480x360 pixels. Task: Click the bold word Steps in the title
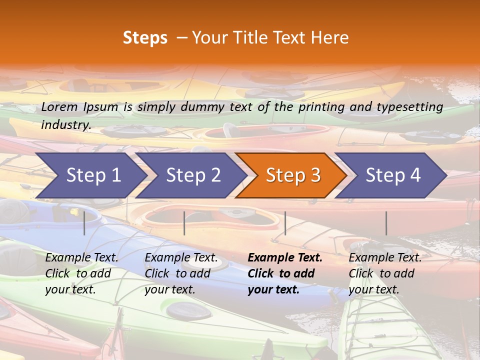click(x=145, y=38)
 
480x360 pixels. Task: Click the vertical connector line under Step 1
click(x=84, y=223)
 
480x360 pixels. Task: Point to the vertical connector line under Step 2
click(x=184, y=223)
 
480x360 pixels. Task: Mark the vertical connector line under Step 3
click(x=285, y=223)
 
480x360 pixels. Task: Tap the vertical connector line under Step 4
click(x=386, y=223)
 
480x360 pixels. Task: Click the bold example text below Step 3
click(x=285, y=273)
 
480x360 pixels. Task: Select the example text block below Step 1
click(x=81, y=273)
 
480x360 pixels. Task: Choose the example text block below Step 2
click(x=181, y=273)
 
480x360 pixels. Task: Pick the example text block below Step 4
click(x=385, y=273)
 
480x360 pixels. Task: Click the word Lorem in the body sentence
click(x=59, y=106)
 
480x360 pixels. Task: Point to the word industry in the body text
click(x=66, y=125)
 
